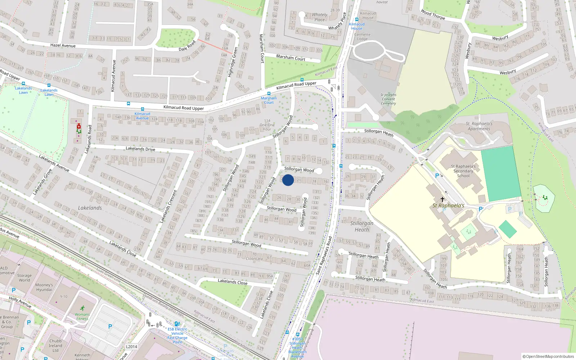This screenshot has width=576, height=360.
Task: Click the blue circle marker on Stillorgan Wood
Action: pyautogui.click(x=288, y=180)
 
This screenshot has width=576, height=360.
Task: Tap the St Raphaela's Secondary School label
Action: pyautogui.click(x=463, y=171)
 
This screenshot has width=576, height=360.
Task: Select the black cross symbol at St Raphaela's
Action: pyautogui.click(x=442, y=199)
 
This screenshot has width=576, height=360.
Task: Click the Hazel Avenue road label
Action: pyautogui.click(x=63, y=45)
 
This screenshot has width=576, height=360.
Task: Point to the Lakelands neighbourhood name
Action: pyautogui.click(x=90, y=208)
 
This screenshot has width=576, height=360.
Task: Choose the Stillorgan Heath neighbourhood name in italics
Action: pyautogui.click(x=362, y=226)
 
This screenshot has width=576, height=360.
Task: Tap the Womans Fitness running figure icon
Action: pyautogui.click(x=82, y=308)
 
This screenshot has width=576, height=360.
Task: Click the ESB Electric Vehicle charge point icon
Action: pyautogui.click(x=177, y=324)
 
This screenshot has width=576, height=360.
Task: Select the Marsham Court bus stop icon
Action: pyautogui.click(x=269, y=93)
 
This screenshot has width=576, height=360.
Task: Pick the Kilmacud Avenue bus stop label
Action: pyautogui.click(x=142, y=116)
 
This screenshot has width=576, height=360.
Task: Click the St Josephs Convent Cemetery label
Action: pyautogui.click(x=388, y=99)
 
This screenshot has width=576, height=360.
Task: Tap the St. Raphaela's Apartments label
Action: pyautogui.click(x=479, y=126)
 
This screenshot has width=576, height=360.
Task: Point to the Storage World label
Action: pyautogui.click(x=24, y=278)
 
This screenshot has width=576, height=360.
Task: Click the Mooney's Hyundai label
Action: pyautogui.click(x=44, y=287)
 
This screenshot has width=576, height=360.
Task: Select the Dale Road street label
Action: pyautogui.click(x=187, y=46)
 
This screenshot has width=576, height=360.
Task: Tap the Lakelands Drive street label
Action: pyautogui.click(x=140, y=149)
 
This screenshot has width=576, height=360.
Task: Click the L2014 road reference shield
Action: pyautogui.click(x=131, y=347)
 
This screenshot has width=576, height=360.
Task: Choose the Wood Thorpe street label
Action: pyautogui.click(x=433, y=14)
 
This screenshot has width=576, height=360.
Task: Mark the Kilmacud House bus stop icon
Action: pyautogui.click(x=357, y=19)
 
